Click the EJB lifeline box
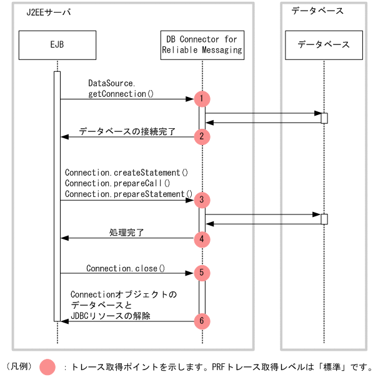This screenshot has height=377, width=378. [57, 44]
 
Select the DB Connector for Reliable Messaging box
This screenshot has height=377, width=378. [202, 44]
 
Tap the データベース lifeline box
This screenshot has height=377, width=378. [324, 44]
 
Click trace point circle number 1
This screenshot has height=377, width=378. [202, 99]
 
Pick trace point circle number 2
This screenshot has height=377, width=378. [202, 136]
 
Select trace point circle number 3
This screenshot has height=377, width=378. [202, 200]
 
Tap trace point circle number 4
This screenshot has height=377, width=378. [202, 238]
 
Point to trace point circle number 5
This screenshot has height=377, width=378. [202, 273]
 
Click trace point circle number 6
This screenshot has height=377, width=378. [202, 321]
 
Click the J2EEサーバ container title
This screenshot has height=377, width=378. [49, 13]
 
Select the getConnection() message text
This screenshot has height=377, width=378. [121, 94]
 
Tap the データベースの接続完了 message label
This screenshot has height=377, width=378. [127, 132]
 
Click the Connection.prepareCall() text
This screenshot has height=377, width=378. [117, 183]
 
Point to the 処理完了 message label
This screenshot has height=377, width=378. [127, 233]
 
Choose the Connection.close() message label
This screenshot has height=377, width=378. [126, 268]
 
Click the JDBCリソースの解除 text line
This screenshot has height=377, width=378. [111, 316]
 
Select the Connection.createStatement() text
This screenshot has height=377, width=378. [127, 172]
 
